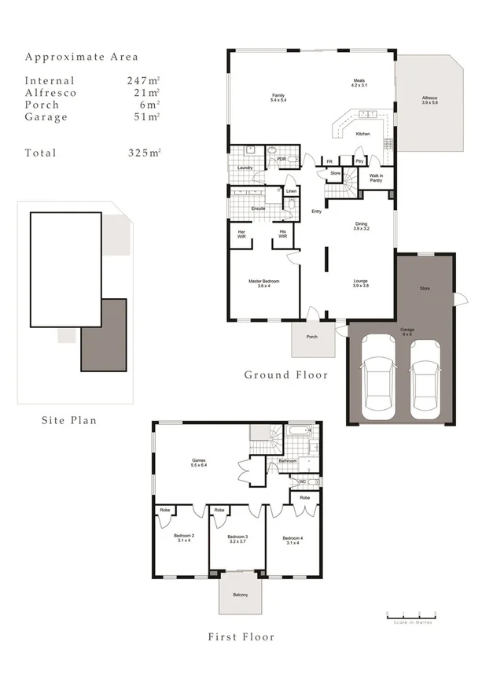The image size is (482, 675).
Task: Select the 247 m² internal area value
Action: [x=143, y=81]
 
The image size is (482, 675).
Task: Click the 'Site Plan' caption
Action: [x=69, y=420]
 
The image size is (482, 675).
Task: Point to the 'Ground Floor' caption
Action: [x=285, y=374]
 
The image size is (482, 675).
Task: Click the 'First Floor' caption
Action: [x=241, y=636]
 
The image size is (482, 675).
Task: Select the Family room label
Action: [x=278, y=98]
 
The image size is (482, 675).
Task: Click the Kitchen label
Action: [x=362, y=134]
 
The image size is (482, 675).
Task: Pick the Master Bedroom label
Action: [x=263, y=283]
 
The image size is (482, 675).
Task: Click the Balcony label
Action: [x=239, y=594]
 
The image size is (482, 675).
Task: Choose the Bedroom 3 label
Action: [x=237, y=540]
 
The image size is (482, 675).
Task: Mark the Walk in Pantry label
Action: [x=375, y=178]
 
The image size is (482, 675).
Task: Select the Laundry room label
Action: [x=244, y=168]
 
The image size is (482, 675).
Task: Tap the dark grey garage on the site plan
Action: [x=103, y=334]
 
